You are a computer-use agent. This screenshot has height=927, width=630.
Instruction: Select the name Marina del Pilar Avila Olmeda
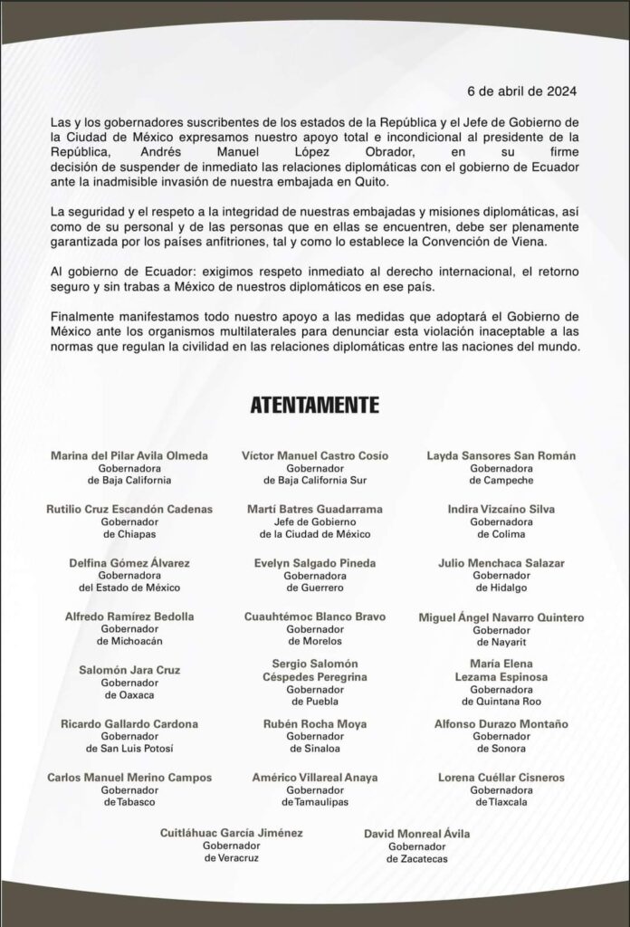(x=129, y=454)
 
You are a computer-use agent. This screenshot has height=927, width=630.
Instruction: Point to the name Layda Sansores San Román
(x=501, y=454)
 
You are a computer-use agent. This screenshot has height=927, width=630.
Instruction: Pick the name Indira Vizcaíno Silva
(x=501, y=509)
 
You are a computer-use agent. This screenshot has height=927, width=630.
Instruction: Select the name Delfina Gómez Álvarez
(x=129, y=563)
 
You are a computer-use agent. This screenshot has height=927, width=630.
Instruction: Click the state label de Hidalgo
(x=501, y=589)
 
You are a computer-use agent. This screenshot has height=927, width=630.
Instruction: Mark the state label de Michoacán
(x=129, y=643)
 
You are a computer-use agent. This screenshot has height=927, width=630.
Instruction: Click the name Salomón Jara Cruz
(x=129, y=670)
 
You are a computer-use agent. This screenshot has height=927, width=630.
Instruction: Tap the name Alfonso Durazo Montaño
(x=501, y=723)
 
